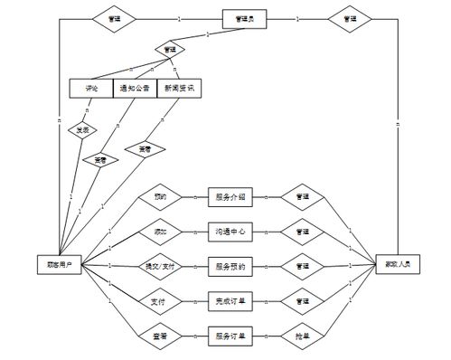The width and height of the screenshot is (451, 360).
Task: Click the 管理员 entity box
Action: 244,18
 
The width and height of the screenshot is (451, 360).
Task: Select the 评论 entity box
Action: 90,89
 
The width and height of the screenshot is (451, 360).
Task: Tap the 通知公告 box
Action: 134,89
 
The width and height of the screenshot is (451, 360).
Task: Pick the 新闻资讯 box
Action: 178,89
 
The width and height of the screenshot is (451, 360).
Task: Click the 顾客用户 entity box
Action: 60,265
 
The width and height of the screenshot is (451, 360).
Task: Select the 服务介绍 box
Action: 231,196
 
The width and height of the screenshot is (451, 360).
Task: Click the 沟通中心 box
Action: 231,232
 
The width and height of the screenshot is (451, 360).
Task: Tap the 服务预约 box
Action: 231,266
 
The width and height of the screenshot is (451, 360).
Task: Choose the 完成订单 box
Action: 231,300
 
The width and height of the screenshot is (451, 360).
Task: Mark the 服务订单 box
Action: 231,336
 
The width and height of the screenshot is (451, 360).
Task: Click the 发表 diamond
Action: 82,128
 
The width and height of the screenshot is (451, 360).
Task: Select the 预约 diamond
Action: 160,196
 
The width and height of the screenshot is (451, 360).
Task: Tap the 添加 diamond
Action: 160,232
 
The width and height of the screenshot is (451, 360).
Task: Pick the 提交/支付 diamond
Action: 160,266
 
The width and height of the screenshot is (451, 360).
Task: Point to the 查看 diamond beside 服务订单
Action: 160,336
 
